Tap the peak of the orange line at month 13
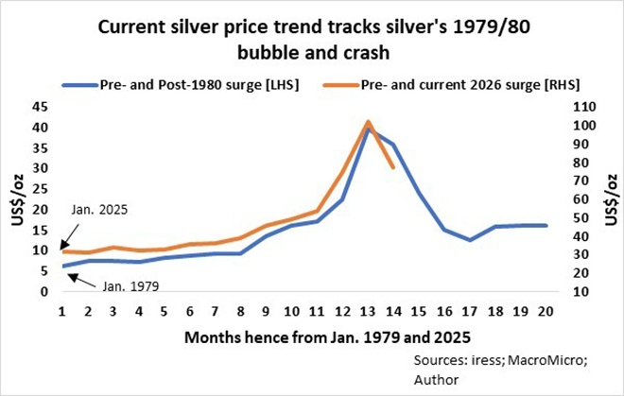[367, 122]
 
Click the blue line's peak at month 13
[367, 129]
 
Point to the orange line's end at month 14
[392, 167]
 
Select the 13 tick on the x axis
[367, 311]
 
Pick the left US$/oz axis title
[15, 199]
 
